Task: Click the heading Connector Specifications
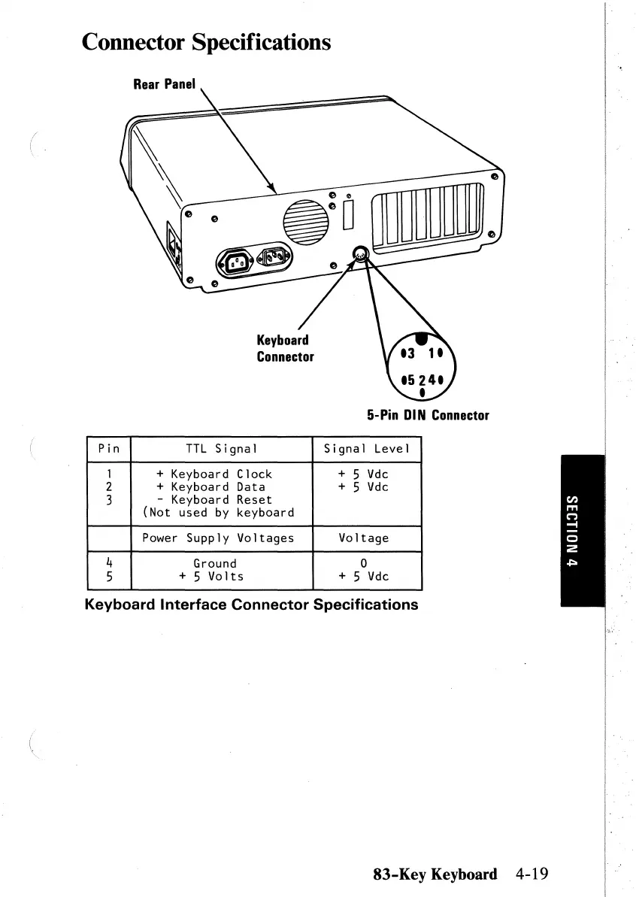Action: (x=207, y=41)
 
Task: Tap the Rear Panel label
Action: (x=164, y=84)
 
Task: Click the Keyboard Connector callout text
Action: (x=284, y=348)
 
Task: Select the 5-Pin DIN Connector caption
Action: (x=428, y=415)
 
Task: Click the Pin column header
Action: (x=110, y=450)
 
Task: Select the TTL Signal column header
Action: (x=222, y=450)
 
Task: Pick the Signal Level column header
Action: (x=366, y=450)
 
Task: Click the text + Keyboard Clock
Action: (x=214, y=474)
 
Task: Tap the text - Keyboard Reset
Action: (x=214, y=499)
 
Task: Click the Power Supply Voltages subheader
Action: (x=218, y=538)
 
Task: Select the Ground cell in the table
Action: (x=215, y=563)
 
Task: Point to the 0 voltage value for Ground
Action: (x=364, y=563)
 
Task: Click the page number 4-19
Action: (x=532, y=874)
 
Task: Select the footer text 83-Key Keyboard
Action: (x=435, y=874)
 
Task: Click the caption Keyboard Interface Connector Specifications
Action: (x=251, y=605)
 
